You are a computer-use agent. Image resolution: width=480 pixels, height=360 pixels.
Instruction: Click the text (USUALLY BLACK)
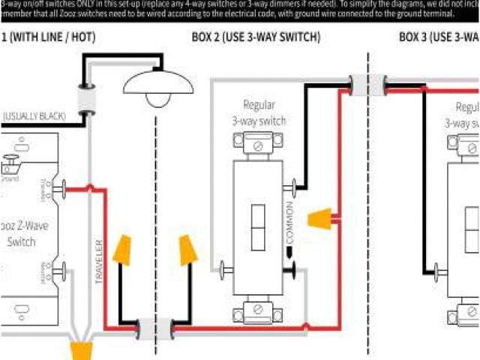33,116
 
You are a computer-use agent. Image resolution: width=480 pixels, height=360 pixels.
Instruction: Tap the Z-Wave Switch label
22,233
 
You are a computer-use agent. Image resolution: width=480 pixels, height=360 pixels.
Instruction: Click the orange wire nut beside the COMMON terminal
322,220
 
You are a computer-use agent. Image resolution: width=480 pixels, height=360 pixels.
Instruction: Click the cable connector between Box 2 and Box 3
367,85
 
